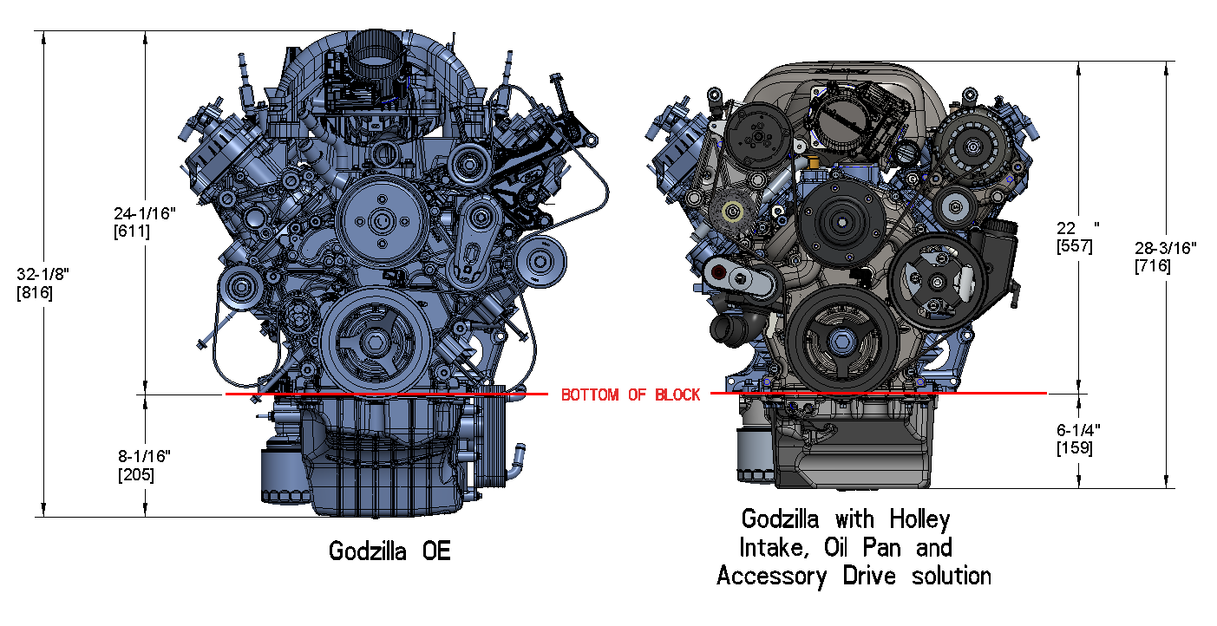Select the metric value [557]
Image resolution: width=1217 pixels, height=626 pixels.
pos(1074,245)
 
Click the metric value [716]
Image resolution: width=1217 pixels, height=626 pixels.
pos(1153,266)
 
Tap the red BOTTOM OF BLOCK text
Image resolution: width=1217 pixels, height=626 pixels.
pos(631,395)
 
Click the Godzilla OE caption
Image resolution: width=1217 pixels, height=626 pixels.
pos(389,551)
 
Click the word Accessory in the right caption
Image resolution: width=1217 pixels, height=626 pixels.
pos(771,575)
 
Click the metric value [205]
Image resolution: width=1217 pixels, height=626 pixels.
pos(135,474)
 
